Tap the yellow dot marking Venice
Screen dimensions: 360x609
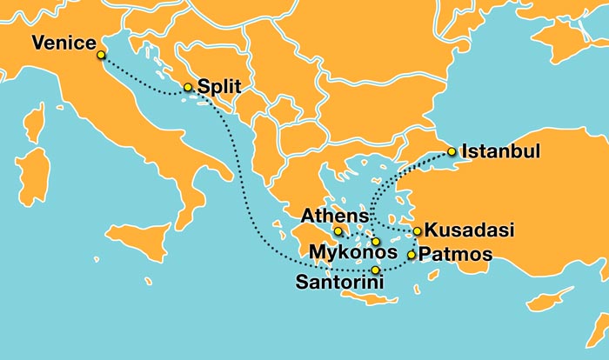101,55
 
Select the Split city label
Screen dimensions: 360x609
218,87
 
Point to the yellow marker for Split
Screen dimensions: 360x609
187,87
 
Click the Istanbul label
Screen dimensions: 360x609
500,151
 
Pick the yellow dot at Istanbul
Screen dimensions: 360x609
452,152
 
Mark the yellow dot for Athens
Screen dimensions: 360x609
338,231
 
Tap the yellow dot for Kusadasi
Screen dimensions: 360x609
418,231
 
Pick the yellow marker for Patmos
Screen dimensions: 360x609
412,255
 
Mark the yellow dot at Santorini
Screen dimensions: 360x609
375,270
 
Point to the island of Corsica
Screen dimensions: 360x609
35,123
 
